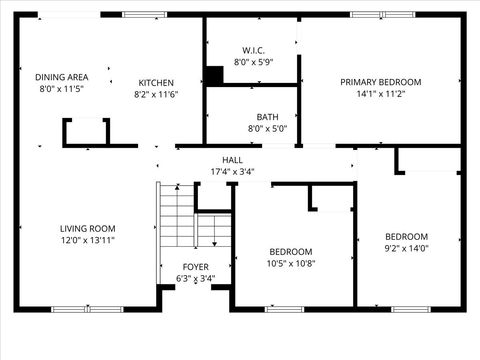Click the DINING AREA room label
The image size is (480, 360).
point(62,77)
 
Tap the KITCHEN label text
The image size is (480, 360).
point(156,82)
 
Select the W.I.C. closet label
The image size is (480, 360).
point(253,50)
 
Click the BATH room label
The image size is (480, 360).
point(267,116)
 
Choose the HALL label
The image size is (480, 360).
point(232,160)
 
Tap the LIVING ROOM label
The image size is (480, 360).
point(87,228)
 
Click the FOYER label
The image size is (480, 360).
point(195,267)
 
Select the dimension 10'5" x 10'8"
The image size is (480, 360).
point(291,264)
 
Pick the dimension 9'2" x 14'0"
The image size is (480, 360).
point(407,249)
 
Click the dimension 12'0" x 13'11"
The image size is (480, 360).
point(87,241)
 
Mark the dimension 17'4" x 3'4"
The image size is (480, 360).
point(232,172)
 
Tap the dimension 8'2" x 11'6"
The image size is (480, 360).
point(156,94)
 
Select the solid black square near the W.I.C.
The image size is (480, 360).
point(214,75)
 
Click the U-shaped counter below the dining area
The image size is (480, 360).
point(86,132)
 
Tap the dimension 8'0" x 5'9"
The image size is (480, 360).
point(253,62)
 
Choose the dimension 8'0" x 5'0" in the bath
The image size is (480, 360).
point(267,128)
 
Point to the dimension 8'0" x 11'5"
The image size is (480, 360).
point(62,89)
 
